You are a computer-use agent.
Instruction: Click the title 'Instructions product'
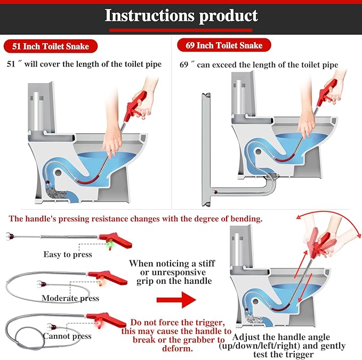[181, 15]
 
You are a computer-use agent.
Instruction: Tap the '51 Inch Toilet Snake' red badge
[51, 46]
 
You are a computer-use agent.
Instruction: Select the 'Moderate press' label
[70, 298]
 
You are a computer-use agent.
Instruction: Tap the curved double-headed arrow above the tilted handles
[324, 218]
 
